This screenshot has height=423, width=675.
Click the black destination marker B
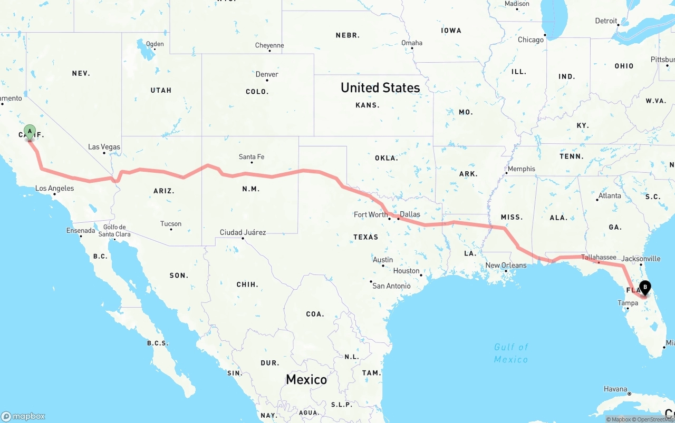pos(644,288)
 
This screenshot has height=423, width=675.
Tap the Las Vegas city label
pos(104,147)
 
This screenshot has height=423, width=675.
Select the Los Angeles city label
pos(54,188)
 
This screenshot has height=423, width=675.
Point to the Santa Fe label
pos(251,157)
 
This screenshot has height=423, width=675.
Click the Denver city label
pos(267,75)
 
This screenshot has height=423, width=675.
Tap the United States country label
pos(380,87)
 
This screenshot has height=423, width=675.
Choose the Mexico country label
pos(306,379)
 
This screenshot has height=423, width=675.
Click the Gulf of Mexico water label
pos(511,353)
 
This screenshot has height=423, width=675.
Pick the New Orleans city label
pos(506,265)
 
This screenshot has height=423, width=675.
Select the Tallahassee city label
pos(599,258)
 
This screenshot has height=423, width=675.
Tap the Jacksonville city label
pos(641,259)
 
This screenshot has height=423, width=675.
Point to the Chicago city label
pos(531,40)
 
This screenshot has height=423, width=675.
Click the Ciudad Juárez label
pos(243,232)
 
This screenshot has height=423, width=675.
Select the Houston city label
pos(406,271)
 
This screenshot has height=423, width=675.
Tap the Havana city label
pos(615,389)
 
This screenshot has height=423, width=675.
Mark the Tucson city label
pos(171,224)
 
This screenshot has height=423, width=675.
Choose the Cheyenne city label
pos(269,46)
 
